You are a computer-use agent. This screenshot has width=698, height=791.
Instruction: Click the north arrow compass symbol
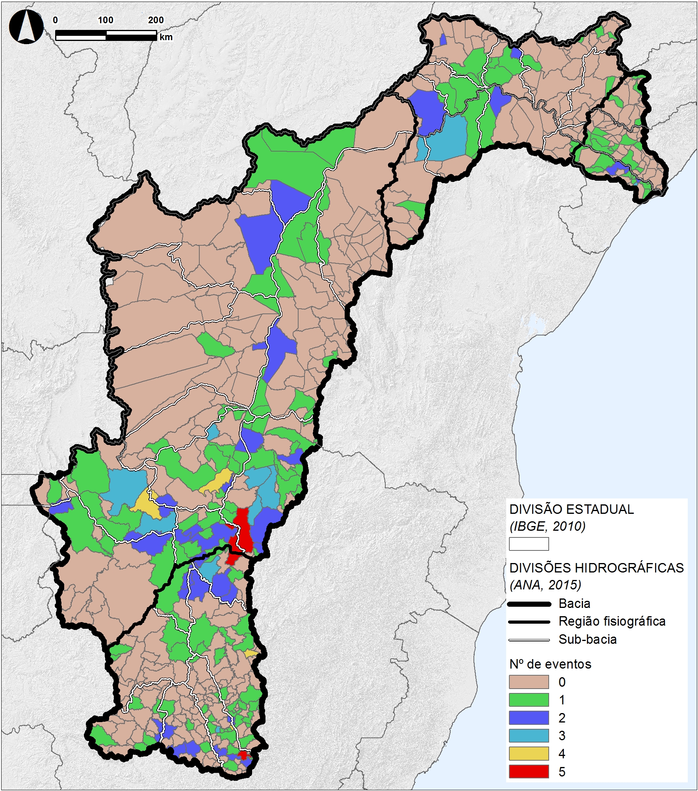[26, 26]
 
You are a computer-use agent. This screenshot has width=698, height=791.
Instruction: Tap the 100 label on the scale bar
[105, 20]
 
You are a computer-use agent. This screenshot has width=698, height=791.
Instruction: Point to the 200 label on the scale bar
[156, 20]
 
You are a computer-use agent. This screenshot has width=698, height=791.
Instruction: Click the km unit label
[166, 37]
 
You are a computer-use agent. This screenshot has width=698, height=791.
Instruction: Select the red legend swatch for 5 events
[529, 772]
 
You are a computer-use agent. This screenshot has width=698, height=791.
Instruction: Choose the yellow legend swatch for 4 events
[529, 754]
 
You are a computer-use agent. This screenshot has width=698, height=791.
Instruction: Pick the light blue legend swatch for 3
[529, 735]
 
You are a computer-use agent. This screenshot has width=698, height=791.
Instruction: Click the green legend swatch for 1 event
[529, 700]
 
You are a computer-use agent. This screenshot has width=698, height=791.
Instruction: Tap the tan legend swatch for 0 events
[529, 682]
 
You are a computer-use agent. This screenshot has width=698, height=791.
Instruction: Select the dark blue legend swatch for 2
[529, 718]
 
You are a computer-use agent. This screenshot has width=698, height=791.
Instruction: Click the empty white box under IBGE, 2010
[529, 544]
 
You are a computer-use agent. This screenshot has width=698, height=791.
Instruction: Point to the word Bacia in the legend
[574, 604]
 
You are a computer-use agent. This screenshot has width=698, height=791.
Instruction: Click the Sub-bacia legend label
[587, 639]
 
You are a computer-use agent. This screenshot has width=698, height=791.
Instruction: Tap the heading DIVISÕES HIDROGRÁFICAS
[596, 568]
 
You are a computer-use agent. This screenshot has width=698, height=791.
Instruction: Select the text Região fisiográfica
[612, 621]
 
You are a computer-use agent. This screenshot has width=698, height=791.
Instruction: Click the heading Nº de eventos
[550, 664]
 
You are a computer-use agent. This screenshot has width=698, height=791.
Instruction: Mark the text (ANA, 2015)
[545, 585]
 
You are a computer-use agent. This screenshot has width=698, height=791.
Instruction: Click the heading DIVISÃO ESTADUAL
[571, 509]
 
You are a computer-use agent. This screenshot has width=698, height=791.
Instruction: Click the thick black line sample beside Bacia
[529, 604]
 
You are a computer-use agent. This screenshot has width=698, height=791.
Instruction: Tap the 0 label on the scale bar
[55, 20]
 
